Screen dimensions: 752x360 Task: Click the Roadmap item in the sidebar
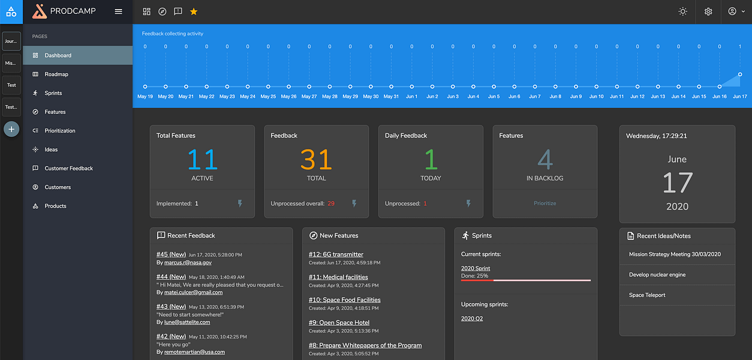pyautogui.click(x=56, y=74)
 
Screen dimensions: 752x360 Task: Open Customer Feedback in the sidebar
pyautogui.click(x=68, y=168)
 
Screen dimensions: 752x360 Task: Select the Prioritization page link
pyautogui.click(x=60, y=131)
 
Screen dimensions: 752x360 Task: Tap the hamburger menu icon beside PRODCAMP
pyautogui.click(x=119, y=12)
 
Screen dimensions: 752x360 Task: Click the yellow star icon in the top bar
pyautogui.click(x=194, y=12)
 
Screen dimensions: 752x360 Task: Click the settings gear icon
pyautogui.click(x=708, y=12)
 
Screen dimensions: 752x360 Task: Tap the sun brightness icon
pyautogui.click(x=682, y=12)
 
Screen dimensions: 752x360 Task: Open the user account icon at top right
pyautogui.click(x=732, y=11)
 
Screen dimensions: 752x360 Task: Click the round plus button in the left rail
pyautogui.click(x=11, y=129)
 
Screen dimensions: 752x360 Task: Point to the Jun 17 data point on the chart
pyautogui.click(x=740, y=74)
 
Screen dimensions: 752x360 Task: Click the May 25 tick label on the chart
pyautogui.click(x=268, y=97)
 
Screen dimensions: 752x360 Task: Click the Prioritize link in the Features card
pyautogui.click(x=545, y=203)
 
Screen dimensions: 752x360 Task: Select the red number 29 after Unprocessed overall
pyautogui.click(x=331, y=203)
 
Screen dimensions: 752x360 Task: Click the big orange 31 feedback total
pyautogui.click(x=316, y=160)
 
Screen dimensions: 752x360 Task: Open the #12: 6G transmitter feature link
pyautogui.click(x=336, y=254)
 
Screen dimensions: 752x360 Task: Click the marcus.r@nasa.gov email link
pyautogui.click(x=188, y=263)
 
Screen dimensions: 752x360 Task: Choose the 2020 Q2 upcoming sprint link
pyautogui.click(x=472, y=319)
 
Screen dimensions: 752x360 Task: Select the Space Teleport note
pyautogui.click(x=647, y=295)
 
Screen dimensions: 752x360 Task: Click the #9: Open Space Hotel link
pyautogui.click(x=339, y=323)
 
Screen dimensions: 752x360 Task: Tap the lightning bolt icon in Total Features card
pyautogui.click(x=240, y=203)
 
